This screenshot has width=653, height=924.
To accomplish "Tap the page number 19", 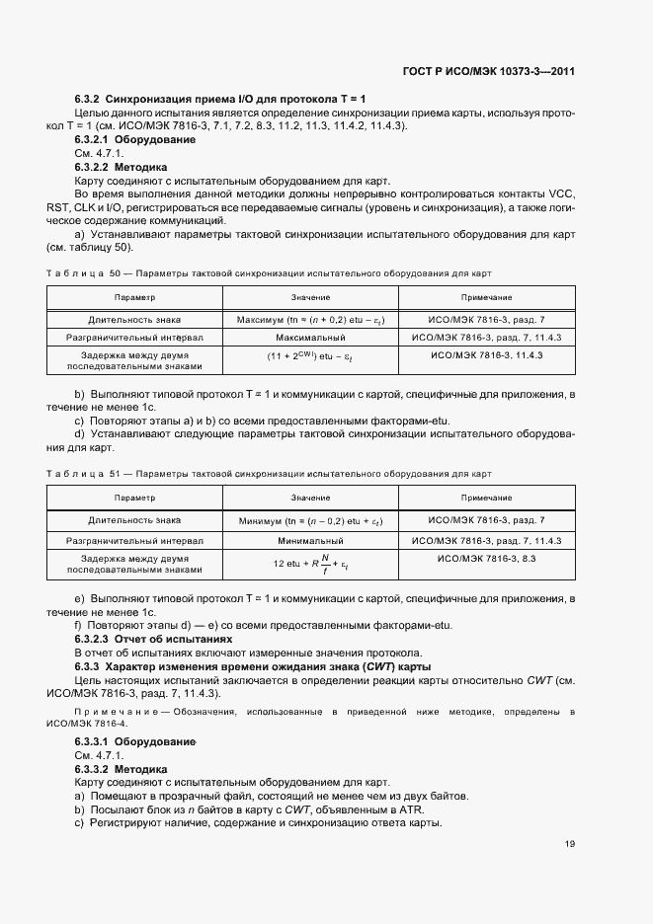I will (x=570, y=843).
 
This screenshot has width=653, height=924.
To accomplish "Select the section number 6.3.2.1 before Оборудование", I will (x=92, y=140).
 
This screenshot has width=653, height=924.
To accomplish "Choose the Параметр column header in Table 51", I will (x=134, y=499).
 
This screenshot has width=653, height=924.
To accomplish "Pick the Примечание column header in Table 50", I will (x=486, y=297).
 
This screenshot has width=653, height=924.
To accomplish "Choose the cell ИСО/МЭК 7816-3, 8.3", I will (x=486, y=559).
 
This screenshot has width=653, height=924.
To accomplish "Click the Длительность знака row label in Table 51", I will (x=134, y=519).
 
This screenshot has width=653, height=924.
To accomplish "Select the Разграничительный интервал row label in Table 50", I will (x=134, y=338).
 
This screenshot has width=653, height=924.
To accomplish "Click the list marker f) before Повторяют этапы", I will (x=78, y=626).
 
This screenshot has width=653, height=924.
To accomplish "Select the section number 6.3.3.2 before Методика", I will (x=92, y=768).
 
